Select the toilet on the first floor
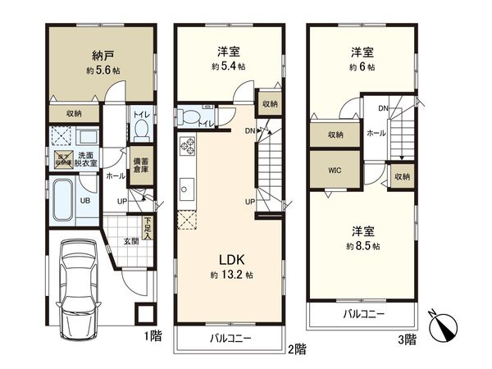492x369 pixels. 140,130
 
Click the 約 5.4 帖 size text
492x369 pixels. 228,66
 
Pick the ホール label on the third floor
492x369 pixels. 376,133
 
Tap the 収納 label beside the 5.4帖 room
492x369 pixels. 270,104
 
